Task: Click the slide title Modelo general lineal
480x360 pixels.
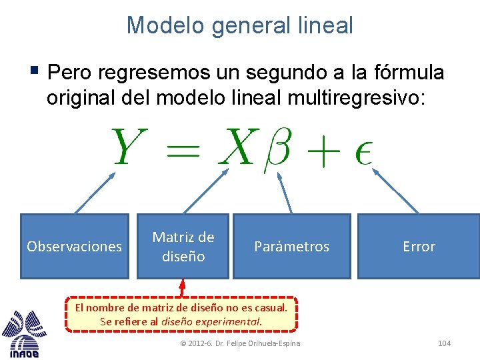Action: [x=240, y=25]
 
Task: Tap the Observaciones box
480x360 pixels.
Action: [x=74, y=246]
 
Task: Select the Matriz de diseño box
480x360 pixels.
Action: [x=183, y=246]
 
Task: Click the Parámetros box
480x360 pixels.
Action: [x=291, y=246]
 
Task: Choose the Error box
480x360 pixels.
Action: [x=419, y=246]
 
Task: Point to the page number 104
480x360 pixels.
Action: [x=444, y=343]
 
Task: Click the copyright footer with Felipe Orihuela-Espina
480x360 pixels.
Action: [x=240, y=343]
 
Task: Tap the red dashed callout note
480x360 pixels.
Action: [x=181, y=314]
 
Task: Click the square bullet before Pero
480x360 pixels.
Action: [x=35, y=71]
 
